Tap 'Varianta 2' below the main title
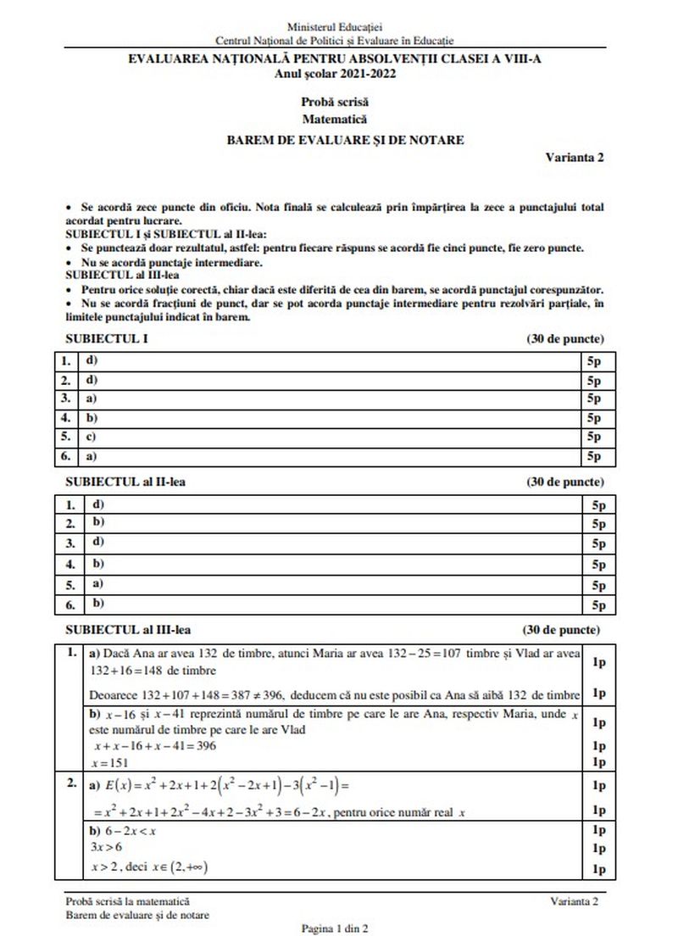(575, 158)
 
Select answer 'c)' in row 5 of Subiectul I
(90, 437)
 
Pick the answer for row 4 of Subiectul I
(91, 417)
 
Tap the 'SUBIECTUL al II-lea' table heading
(125, 482)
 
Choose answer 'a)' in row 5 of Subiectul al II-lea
(97, 584)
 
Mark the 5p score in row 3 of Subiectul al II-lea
(598, 544)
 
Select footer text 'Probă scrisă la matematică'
(127, 901)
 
